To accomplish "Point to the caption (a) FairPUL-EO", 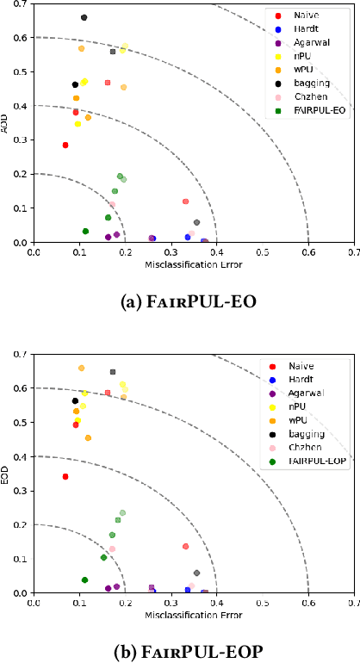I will coord(179,302).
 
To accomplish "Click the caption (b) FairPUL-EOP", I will coord(179,651).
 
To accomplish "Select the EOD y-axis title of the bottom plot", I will coord(7,473).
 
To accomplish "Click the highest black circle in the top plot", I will coord(84,17).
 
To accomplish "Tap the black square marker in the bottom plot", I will coord(113,372).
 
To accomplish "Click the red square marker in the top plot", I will coord(108,83).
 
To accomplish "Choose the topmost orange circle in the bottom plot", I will coord(82,368).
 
